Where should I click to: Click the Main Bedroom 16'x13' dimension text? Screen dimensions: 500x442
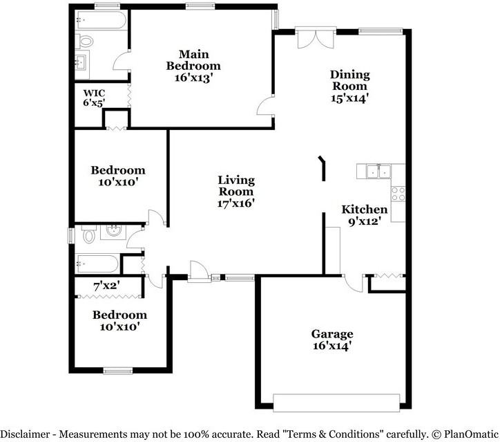[193, 77]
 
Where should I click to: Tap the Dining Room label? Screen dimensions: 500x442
[350, 80]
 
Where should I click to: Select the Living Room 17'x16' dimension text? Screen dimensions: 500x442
[236, 203]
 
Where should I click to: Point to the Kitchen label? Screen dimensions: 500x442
[365, 210]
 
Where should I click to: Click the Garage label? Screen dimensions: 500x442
[332, 334]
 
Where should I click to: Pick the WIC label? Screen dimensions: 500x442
[94, 93]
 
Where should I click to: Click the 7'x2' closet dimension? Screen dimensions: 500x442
[107, 286]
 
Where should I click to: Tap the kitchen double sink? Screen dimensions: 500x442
[378, 172]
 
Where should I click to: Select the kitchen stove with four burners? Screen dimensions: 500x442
[398, 194]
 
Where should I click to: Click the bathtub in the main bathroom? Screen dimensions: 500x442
[102, 20]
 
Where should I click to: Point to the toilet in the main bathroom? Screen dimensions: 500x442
[84, 42]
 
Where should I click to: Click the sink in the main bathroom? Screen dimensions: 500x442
[80, 62]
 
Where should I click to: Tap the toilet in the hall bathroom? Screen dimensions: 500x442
[88, 234]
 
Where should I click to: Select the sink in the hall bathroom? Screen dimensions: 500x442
[113, 232]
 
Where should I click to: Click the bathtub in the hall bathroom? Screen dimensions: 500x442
[98, 264]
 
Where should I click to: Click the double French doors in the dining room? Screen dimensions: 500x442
[316, 39]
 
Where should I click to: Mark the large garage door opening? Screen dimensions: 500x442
[336, 403]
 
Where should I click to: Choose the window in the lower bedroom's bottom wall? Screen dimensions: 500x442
[118, 371]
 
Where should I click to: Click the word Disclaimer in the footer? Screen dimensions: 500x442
[26, 434]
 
